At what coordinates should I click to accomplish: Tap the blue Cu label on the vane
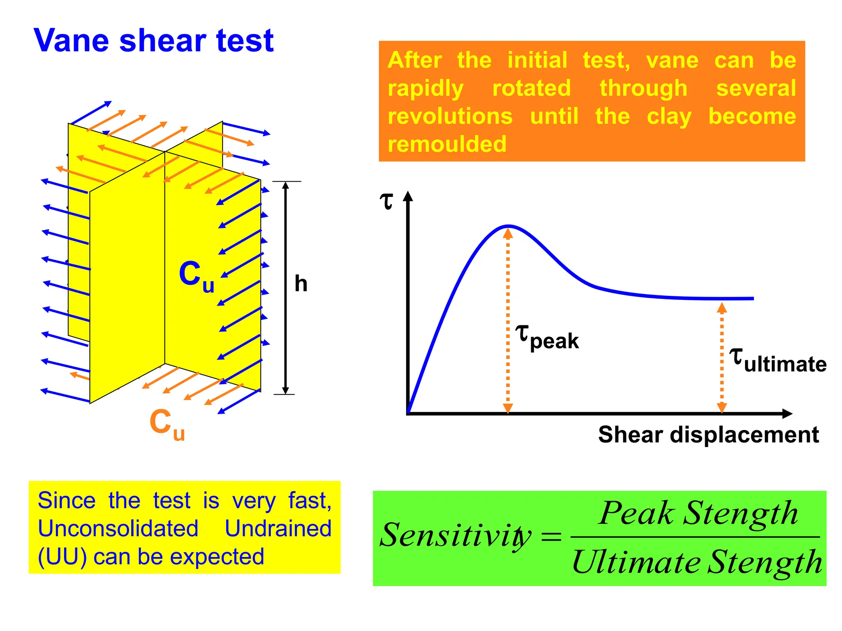pyautogui.click(x=196, y=276)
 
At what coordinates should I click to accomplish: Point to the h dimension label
pyautogui.click(x=301, y=284)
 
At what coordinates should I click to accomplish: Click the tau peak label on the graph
pyautogui.click(x=547, y=338)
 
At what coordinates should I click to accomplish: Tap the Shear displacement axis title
pyautogui.click(x=708, y=435)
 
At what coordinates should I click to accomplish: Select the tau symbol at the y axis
pyautogui.click(x=386, y=201)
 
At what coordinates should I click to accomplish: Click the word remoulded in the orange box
pyautogui.click(x=447, y=144)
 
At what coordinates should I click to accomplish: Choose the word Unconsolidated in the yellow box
pyautogui.click(x=118, y=528)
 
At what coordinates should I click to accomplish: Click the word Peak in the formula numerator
pyautogui.click(x=636, y=513)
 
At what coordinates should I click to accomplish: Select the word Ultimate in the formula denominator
pyautogui.click(x=636, y=562)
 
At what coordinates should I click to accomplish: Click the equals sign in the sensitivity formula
pyautogui.click(x=551, y=537)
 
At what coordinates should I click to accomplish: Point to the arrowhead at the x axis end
pyautogui.click(x=786, y=414)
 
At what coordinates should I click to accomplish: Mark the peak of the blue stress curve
pyautogui.click(x=509, y=226)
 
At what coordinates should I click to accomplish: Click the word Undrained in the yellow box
pyautogui.click(x=278, y=528)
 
